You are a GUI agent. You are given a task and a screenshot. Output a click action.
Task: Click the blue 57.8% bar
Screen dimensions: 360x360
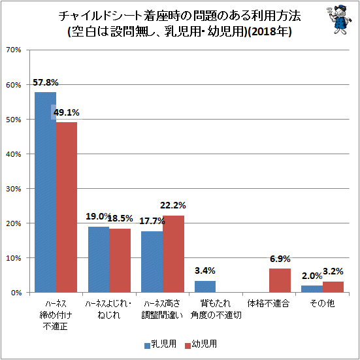click(x=46, y=192)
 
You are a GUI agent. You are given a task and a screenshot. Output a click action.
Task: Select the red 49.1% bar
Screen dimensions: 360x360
click(x=67, y=207)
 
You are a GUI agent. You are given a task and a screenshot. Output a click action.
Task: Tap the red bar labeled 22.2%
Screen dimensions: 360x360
click(x=173, y=254)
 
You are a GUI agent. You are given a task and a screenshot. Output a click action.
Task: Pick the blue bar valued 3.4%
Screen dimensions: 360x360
click(x=205, y=287)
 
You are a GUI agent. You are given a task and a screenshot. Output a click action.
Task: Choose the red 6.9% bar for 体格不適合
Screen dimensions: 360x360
click(x=280, y=280)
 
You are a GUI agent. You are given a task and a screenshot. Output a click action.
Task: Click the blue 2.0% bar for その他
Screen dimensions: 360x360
click(x=312, y=289)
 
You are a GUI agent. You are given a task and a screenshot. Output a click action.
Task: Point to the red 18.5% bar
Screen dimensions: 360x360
click(x=120, y=260)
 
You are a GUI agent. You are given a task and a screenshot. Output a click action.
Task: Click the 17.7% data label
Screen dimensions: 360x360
click(x=152, y=221)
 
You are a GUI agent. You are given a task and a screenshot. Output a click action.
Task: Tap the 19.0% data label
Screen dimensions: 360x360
click(x=98, y=216)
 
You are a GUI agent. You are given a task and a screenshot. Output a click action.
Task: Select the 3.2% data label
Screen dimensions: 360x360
click(x=333, y=272)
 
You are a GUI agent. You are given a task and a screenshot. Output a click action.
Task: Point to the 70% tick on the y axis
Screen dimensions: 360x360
click(x=14, y=50)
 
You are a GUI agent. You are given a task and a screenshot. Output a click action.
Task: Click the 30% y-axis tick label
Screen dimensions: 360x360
click(x=14, y=189)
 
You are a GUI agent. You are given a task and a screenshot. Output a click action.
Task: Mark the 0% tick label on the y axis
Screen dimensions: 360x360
click(x=16, y=293)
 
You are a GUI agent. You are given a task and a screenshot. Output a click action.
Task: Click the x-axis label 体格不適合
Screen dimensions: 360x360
click(x=268, y=304)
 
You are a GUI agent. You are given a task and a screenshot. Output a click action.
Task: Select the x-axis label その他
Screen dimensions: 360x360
click(x=322, y=304)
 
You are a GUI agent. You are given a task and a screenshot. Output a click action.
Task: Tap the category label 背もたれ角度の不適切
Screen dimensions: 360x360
click(x=216, y=310)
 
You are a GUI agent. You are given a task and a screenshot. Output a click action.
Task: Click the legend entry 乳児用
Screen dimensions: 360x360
click(x=160, y=344)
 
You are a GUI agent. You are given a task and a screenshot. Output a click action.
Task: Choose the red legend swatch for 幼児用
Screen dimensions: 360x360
click(x=188, y=346)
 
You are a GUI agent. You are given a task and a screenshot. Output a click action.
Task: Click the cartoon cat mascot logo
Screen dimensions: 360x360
click(x=339, y=20)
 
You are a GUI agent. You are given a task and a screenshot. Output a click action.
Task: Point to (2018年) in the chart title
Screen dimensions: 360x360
click(x=270, y=31)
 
